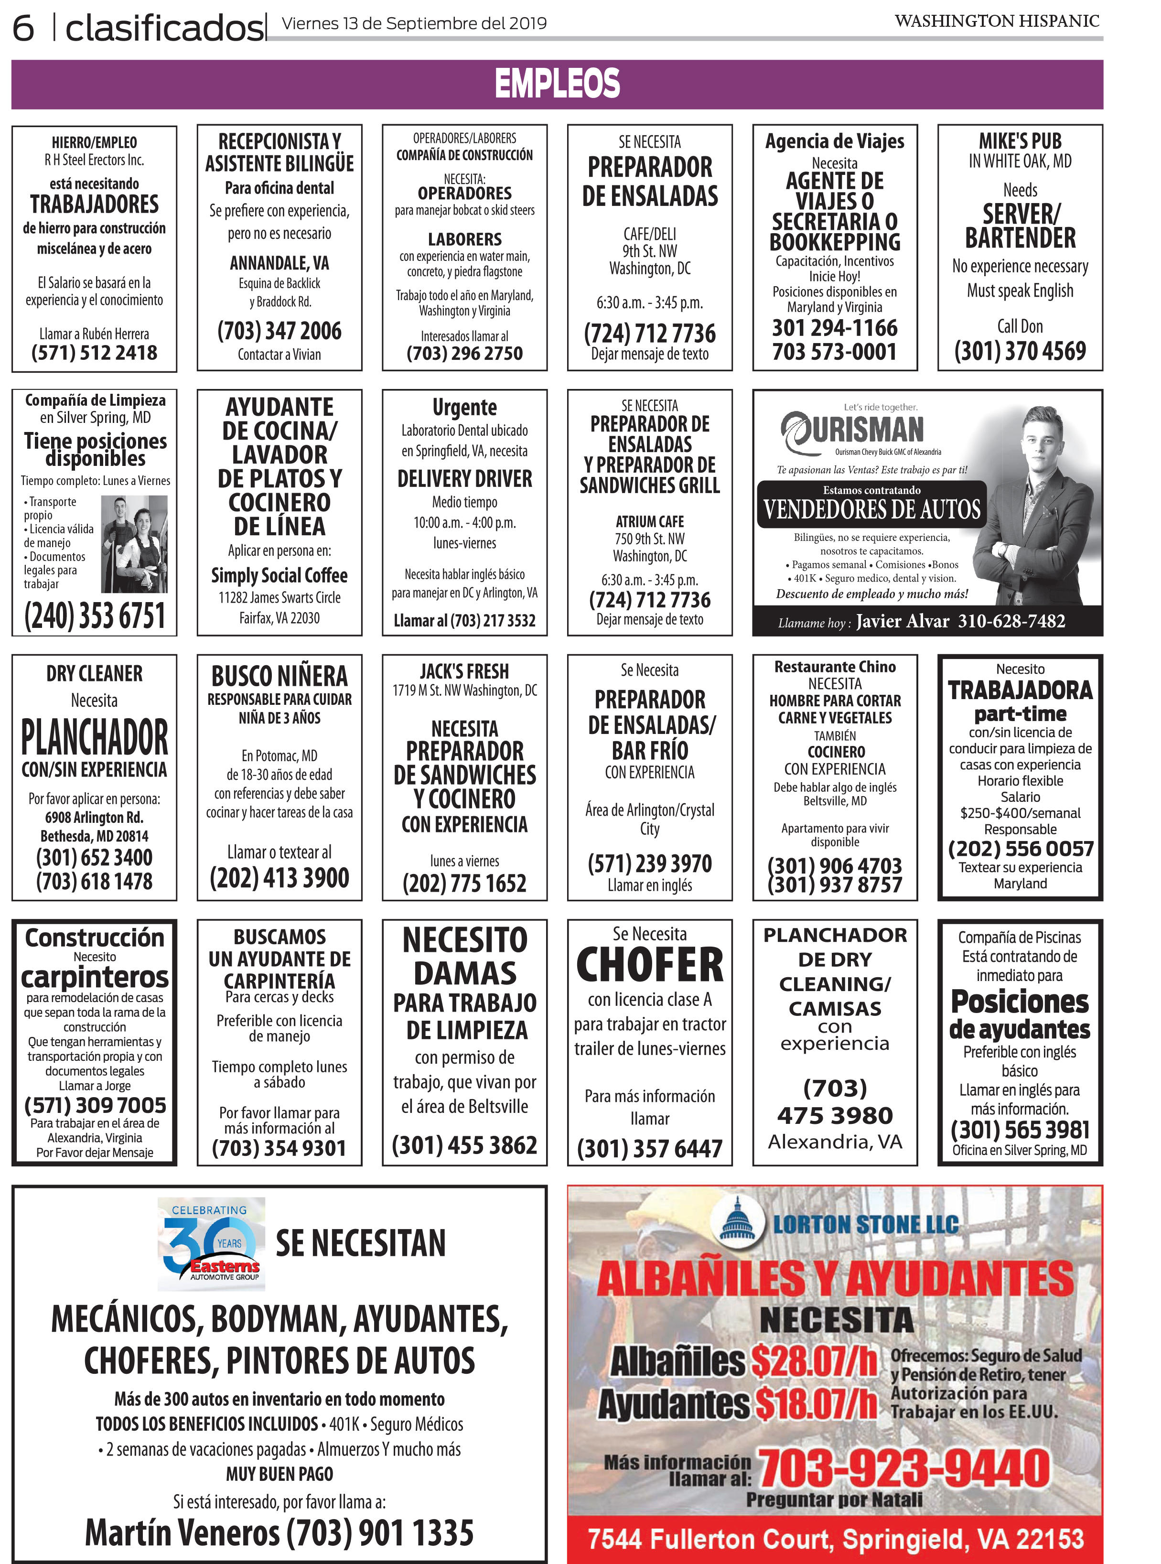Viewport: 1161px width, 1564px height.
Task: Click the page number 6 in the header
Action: pos(23,28)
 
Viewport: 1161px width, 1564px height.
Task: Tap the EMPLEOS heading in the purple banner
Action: pos(557,84)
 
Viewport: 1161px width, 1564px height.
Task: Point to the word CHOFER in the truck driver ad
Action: pos(649,965)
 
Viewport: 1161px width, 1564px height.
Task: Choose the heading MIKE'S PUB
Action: pos(1020,140)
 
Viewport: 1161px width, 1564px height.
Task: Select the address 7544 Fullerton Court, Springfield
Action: pos(835,1539)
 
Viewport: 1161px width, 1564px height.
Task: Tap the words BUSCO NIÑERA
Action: pos(279,676)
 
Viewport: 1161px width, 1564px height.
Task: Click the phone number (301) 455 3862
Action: pos(464,1145)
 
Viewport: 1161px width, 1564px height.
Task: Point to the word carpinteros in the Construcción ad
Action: pos(95,977)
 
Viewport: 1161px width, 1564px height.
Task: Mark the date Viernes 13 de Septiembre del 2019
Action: pos(414,24)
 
